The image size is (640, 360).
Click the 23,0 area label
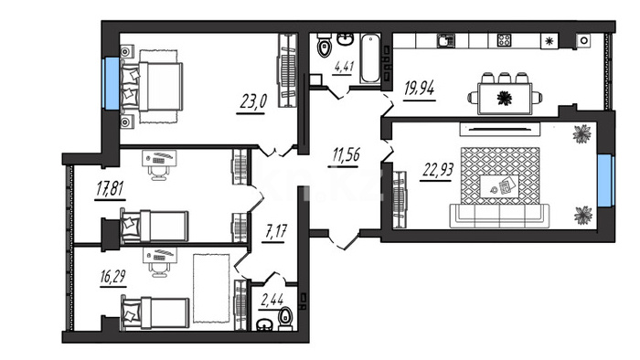point(253,101)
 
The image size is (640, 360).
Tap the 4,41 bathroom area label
point(344,67)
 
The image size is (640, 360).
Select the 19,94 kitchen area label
point(419,88)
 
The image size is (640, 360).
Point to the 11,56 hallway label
point(347,155)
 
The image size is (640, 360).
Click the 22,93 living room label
point(438,169)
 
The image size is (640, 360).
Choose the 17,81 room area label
point(111,188)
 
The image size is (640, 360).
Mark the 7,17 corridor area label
point(276,231)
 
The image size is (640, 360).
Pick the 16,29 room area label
point(113,277)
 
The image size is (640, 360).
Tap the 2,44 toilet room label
point(272,301)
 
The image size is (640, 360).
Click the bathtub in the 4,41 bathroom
point(370,58)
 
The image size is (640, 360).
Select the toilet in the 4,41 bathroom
point(325,45)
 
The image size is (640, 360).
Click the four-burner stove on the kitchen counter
point(505,40)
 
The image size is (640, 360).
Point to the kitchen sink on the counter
point(446,41)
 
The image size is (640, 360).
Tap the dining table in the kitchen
point(505,99)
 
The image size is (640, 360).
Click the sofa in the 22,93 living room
point(499,216)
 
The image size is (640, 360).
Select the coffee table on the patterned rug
point(499,186)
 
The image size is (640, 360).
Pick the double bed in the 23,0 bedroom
point(152,87)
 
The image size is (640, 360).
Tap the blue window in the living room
point(605,181)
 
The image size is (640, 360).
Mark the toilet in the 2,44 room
point(285,318)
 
